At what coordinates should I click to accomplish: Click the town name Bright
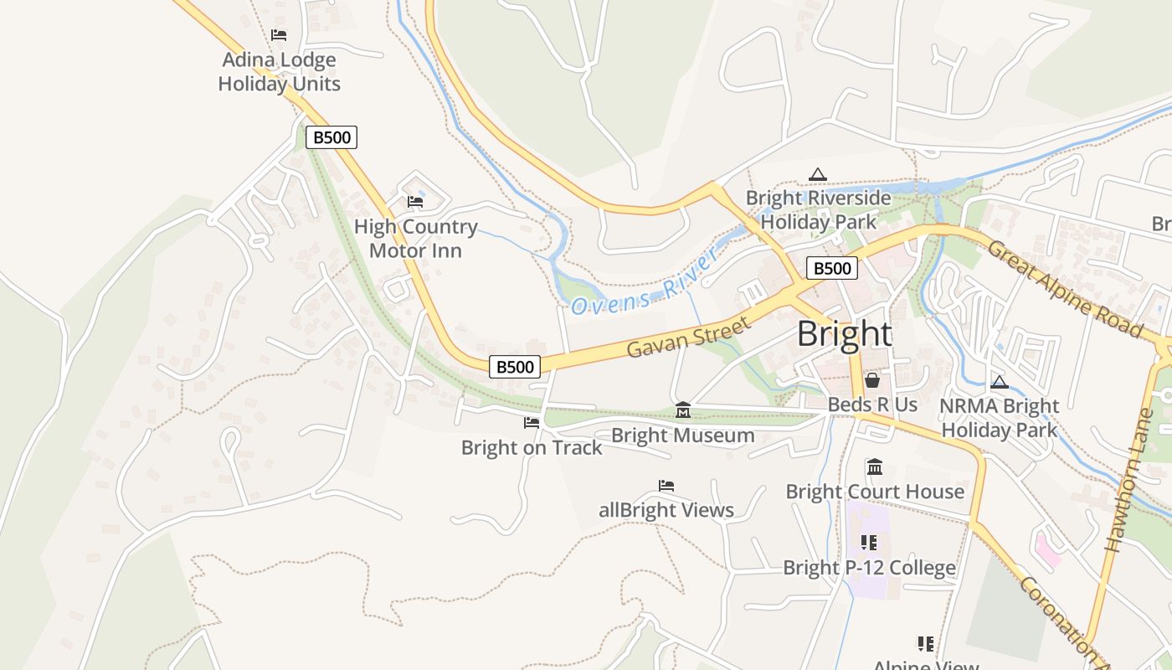point(844,334)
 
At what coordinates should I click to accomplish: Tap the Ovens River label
point(645,284)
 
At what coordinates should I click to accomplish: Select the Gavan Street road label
point(688,338)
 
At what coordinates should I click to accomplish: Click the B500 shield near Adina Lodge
point(332,137)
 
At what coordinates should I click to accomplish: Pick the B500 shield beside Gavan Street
point(514,366)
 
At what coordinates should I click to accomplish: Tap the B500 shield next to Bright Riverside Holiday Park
point(832,268)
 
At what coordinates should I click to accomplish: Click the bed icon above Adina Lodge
point(279,35)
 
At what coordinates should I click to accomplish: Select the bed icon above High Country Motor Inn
point(415,202)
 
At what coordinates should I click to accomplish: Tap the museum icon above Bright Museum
point(683,410)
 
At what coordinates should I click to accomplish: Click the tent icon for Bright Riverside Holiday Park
point(818,174)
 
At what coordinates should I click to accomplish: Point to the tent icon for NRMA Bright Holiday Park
point(999,383)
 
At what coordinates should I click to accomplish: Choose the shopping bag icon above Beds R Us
point(872,380)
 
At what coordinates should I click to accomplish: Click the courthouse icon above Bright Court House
point(875,466)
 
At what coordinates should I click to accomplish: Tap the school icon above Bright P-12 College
point(869,543)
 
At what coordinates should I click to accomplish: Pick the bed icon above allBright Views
point(666,486)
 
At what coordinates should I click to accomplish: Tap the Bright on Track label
point(532,447)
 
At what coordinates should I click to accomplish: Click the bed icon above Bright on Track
point(532,423)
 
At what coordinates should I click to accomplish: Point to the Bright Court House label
point(875,492)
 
